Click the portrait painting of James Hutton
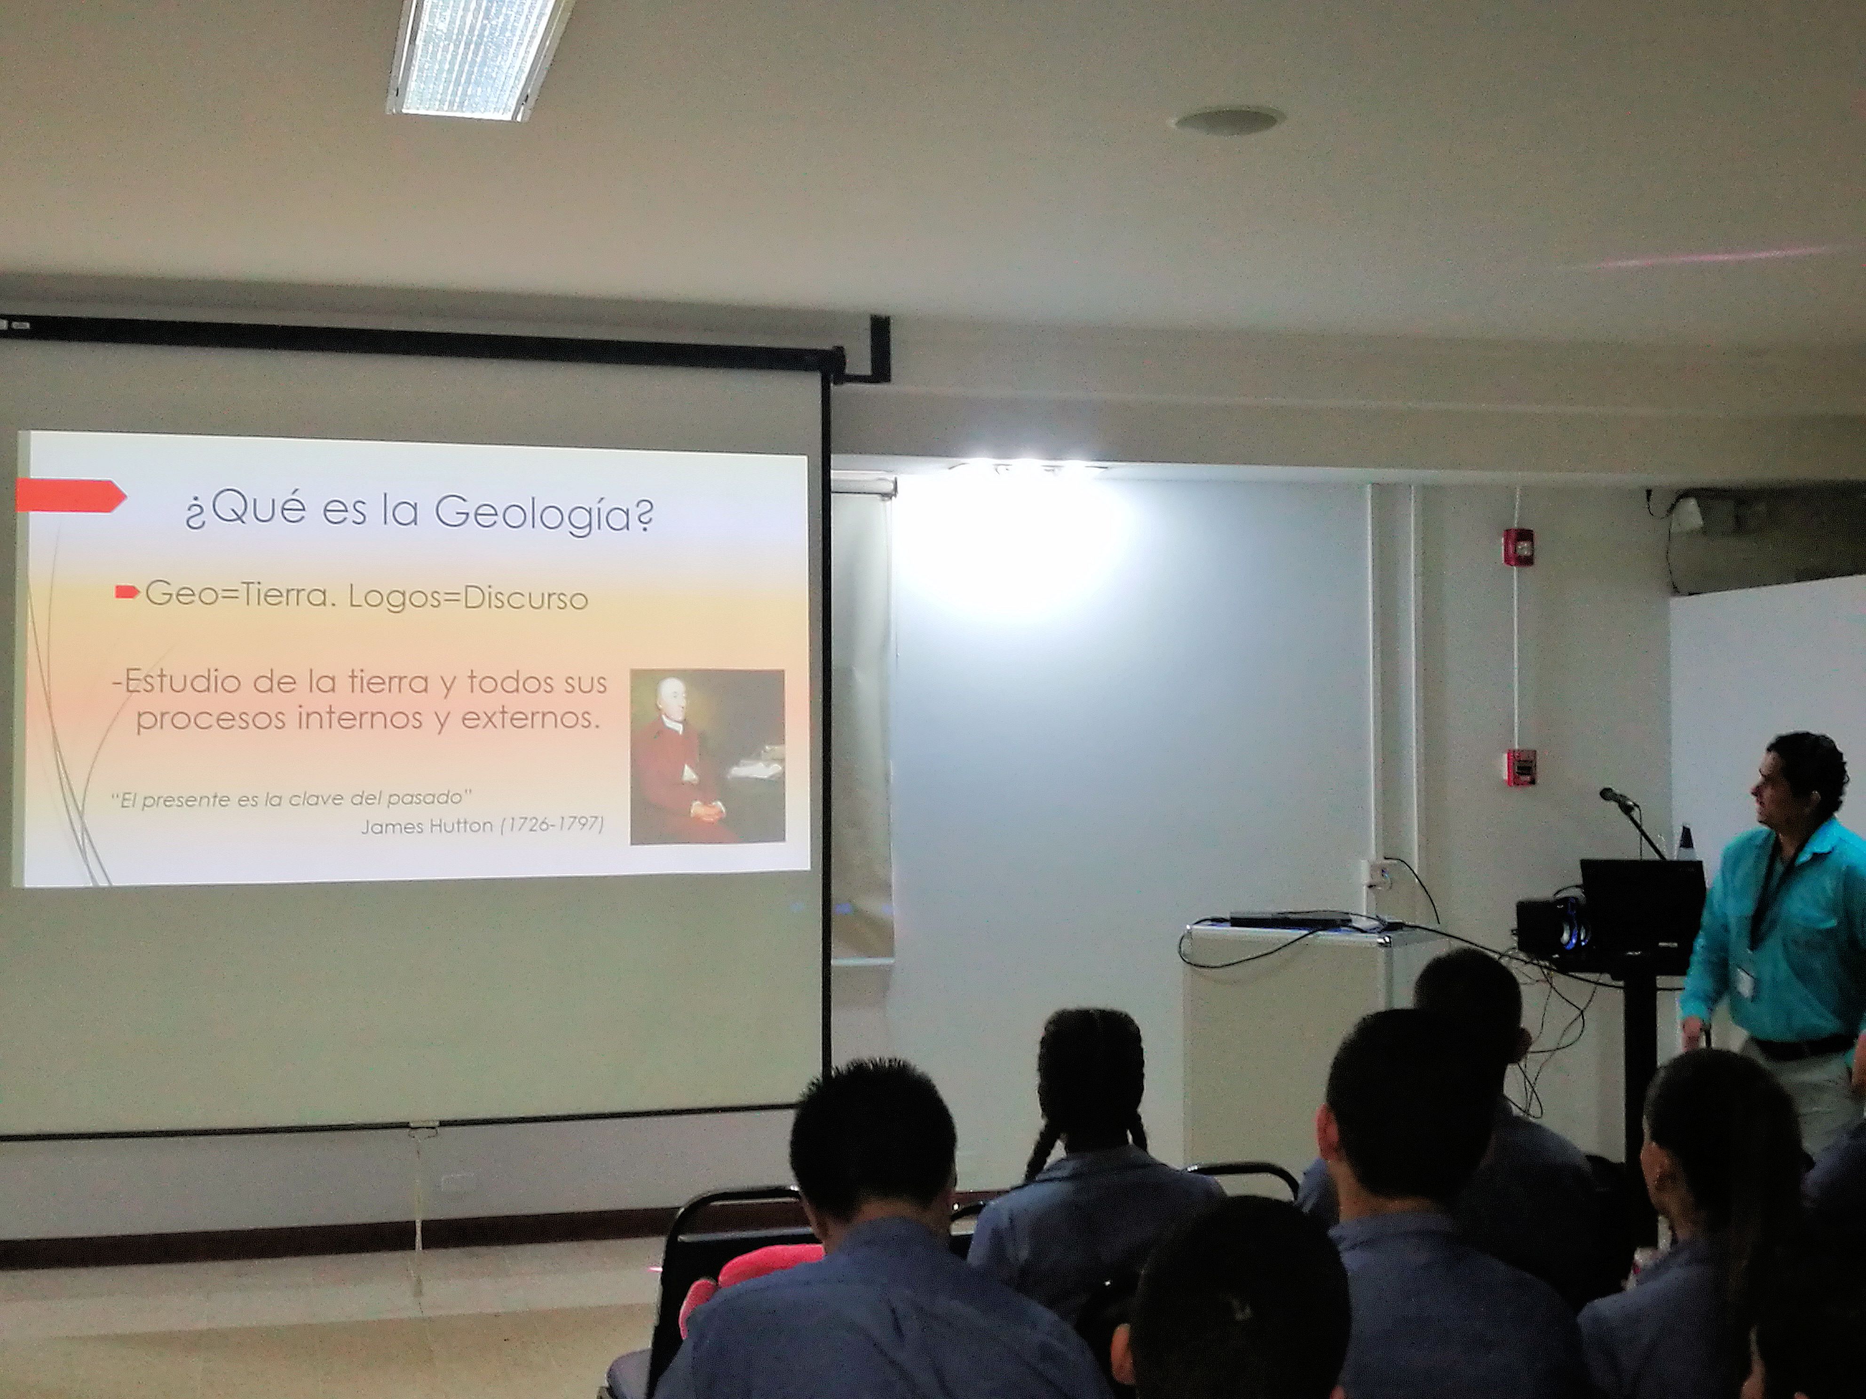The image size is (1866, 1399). pyautogui.click(x=707, y=756)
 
